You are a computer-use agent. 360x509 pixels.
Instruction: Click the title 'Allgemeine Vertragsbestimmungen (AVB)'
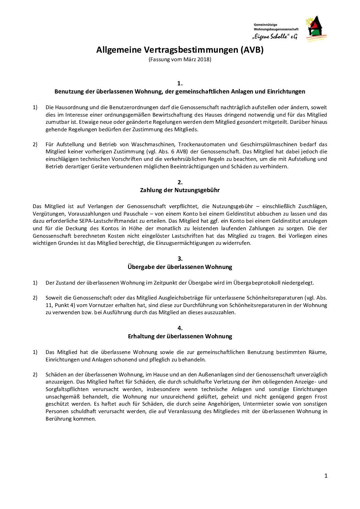pyautogui.click(x=180, y=50)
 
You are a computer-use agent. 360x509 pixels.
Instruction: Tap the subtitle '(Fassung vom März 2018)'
pyautogui.click(x=180, y=60)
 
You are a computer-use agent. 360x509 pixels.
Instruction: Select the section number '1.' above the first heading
pyautogui.click(x=180, y=83)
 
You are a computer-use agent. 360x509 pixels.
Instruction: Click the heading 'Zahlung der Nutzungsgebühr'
pyautogui.click(x=180, y=190)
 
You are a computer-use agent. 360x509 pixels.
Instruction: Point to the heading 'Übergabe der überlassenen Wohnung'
pyautogui.click(x=180, y=267)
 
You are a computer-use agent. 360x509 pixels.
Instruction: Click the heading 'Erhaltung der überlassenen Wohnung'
pyautogui.click(x=180, y=336)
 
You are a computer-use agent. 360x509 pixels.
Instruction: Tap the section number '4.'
pyautogui.click(x=180, y=328)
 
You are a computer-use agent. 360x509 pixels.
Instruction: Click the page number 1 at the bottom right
pyautogui.click(x=326, y=476)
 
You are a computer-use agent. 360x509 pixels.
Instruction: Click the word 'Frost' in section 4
pyautogui.click(x=320, y=396)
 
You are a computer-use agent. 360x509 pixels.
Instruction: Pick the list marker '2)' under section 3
pyautogui.click(x=35, y=298)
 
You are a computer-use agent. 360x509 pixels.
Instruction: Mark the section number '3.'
pyautogui.click(x=180, y=259)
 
